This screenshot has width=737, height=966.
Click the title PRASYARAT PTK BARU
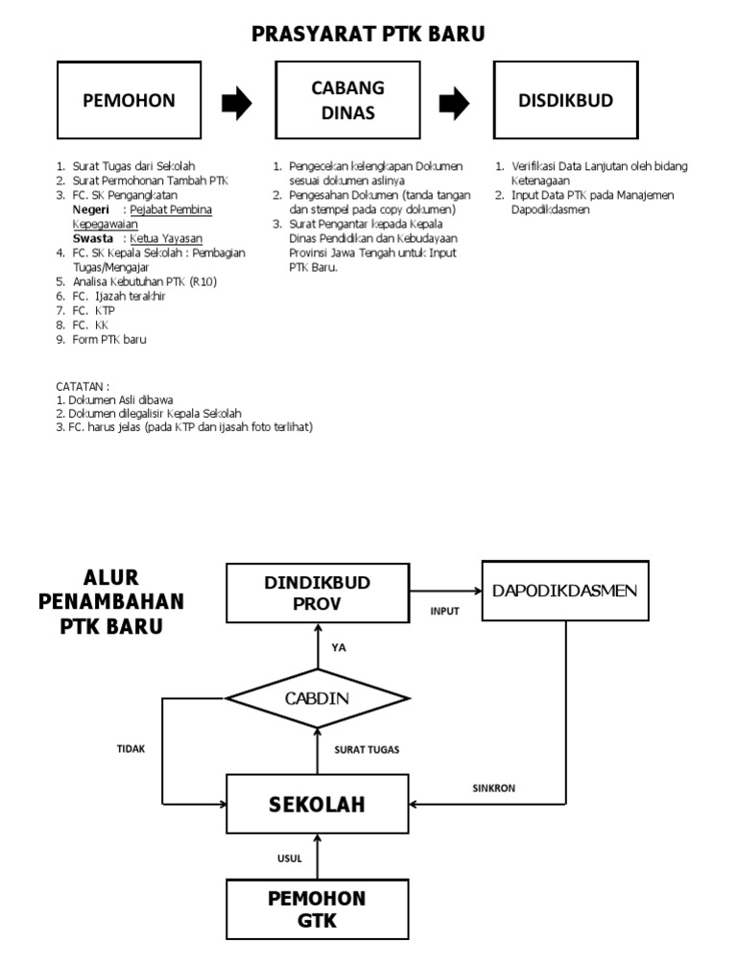[x=368, y=35]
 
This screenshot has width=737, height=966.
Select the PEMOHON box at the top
[x=129, y=101]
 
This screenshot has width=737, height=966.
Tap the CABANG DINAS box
[x=347, y=101]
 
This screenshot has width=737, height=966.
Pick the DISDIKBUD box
[x=565, y=101]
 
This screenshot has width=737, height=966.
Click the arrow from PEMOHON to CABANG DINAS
[x=237, y=103]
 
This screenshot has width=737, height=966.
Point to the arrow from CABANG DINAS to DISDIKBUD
[x=455, y=103]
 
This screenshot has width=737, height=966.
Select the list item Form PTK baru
[x=109, y=339]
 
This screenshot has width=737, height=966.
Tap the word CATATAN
[x=83, y=385]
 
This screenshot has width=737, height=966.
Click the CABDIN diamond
[x=318, y=698]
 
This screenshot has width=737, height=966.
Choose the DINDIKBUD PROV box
[x=318, y=593]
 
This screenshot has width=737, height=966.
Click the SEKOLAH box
[x=317, y=803]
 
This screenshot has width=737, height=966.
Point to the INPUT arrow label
[x=444, y=611]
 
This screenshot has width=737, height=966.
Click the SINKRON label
[x=493, y=788]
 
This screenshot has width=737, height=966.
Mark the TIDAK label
[x=131, y=749]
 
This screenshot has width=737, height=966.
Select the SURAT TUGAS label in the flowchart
[x=367, y=749]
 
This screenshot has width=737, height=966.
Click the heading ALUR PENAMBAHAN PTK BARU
[x=110, y=602]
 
